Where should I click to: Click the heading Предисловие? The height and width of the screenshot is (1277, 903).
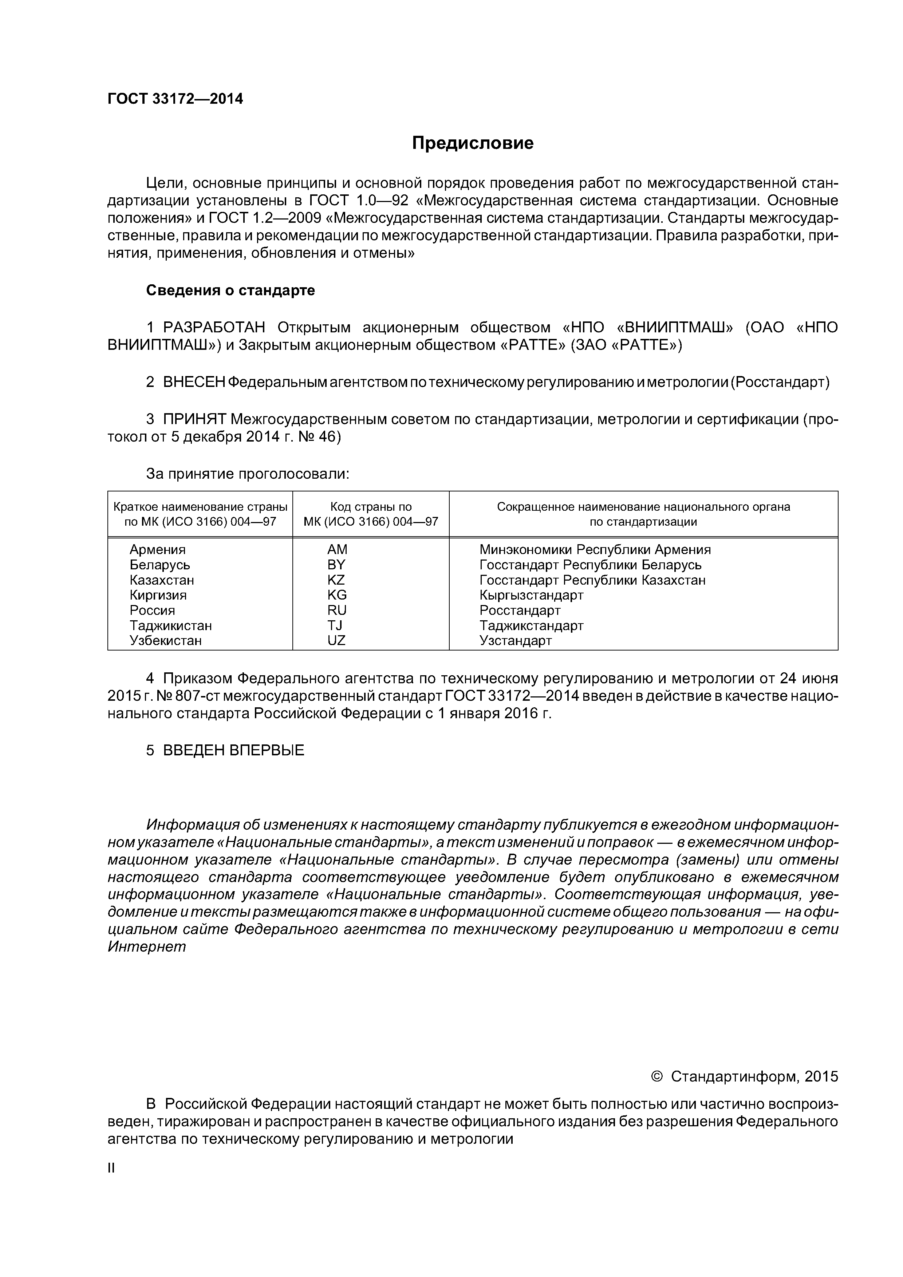472,143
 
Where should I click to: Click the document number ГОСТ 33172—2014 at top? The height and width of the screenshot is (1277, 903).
175,99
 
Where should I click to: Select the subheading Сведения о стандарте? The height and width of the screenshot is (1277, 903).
230,290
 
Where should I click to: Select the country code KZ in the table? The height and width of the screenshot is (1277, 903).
336,580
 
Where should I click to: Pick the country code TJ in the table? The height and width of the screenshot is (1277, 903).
335,626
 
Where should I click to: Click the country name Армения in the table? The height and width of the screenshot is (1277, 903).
157,550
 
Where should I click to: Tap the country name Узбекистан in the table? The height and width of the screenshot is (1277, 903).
166,641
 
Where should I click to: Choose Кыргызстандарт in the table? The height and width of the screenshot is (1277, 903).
531,595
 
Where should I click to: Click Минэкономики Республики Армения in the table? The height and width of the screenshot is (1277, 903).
595,550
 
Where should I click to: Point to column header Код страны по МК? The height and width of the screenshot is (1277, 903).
371,514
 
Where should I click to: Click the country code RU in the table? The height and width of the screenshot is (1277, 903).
336,611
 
